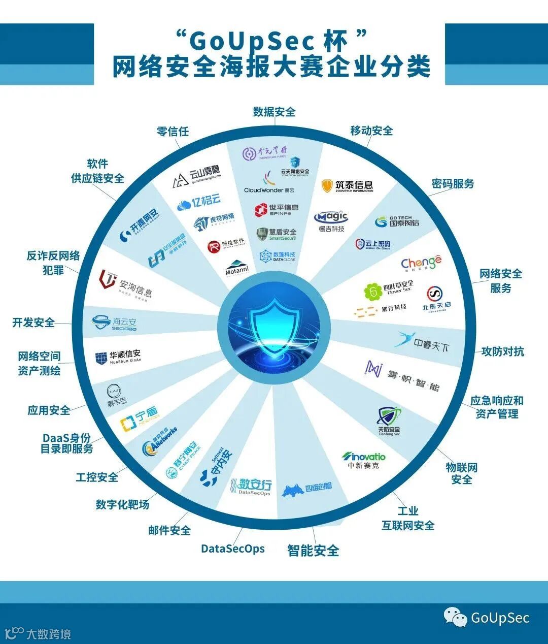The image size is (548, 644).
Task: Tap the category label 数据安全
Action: click(274, 112)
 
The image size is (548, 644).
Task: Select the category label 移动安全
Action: click(371, 131)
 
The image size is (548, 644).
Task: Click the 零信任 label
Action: click(173, 132)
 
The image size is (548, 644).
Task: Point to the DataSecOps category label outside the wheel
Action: click(233, 549)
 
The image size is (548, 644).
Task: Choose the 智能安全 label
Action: click(313, 550)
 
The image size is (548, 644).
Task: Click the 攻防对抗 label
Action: click(502, 351)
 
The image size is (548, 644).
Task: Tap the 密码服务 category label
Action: click(453, 183)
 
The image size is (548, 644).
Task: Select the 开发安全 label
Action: click(33, 323)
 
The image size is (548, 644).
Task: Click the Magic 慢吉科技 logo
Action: click(331, 221)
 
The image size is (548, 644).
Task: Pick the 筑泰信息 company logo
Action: click(348, 186)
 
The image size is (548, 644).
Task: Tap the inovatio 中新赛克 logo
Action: click(363, 460)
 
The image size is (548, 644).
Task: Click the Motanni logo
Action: click(237, 268)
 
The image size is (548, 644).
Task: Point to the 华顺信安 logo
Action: click(118, 357)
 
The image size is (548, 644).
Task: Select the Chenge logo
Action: click(421, 263)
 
